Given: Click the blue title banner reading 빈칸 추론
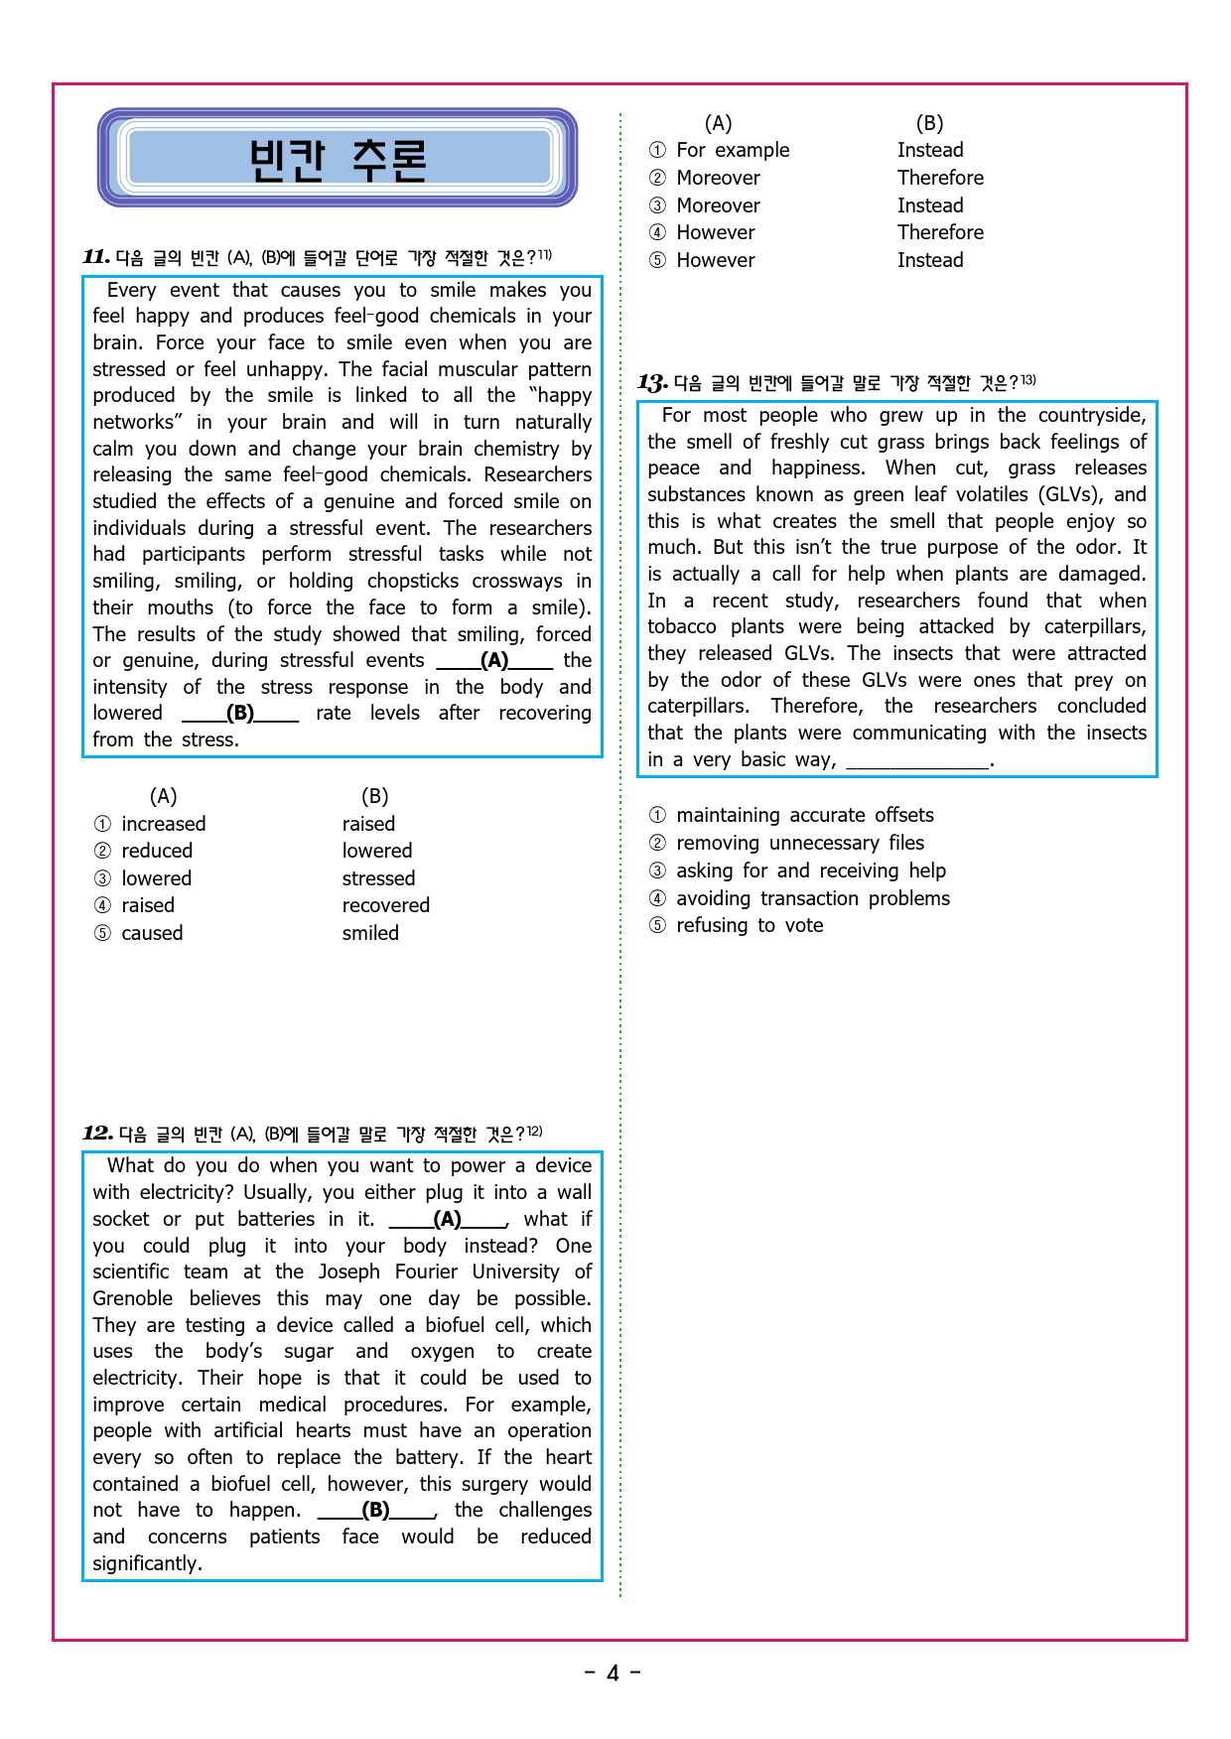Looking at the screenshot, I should (338, 159).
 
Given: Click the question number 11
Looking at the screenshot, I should (95, 257).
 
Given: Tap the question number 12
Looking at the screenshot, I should (97, 1134).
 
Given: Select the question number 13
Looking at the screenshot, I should (651, 382).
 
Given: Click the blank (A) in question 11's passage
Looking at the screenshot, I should (494, 661).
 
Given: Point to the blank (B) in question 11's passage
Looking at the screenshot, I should (240, 714).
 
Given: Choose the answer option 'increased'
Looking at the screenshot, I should (163, 824).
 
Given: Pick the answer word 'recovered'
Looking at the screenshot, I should (385, 905).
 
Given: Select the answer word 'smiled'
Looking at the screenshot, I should (370, 933).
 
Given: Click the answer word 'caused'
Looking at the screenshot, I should (152, 933).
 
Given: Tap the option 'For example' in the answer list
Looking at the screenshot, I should (733, 150).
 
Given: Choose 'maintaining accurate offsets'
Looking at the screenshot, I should (804, 815).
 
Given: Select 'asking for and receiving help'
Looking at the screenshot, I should (810, 870).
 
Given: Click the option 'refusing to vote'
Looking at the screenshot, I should (750, 925).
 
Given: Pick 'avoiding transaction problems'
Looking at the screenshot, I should (812, 898).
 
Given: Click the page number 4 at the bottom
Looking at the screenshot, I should (613, 1673).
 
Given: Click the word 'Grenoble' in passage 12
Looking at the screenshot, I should (133, 1298).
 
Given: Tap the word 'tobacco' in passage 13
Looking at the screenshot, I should (681, 626).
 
